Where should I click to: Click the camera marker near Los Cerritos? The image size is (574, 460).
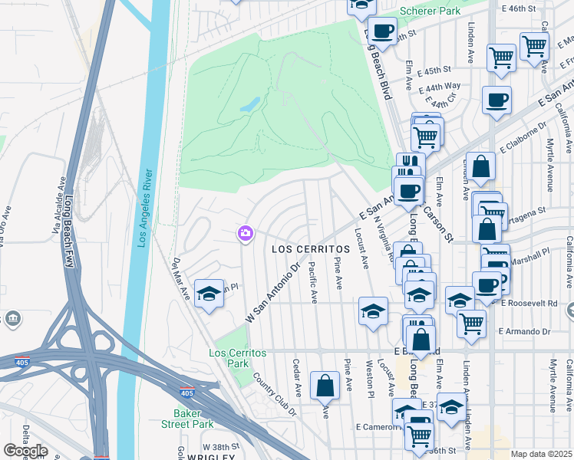[x=246, y=232]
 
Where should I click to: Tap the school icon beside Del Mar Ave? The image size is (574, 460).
[x=209, y=294]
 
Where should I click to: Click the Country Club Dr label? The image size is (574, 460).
[x=273, y=396]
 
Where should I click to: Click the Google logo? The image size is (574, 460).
[x=25, y=451]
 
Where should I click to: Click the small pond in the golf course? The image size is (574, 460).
[x=250, y=104]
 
